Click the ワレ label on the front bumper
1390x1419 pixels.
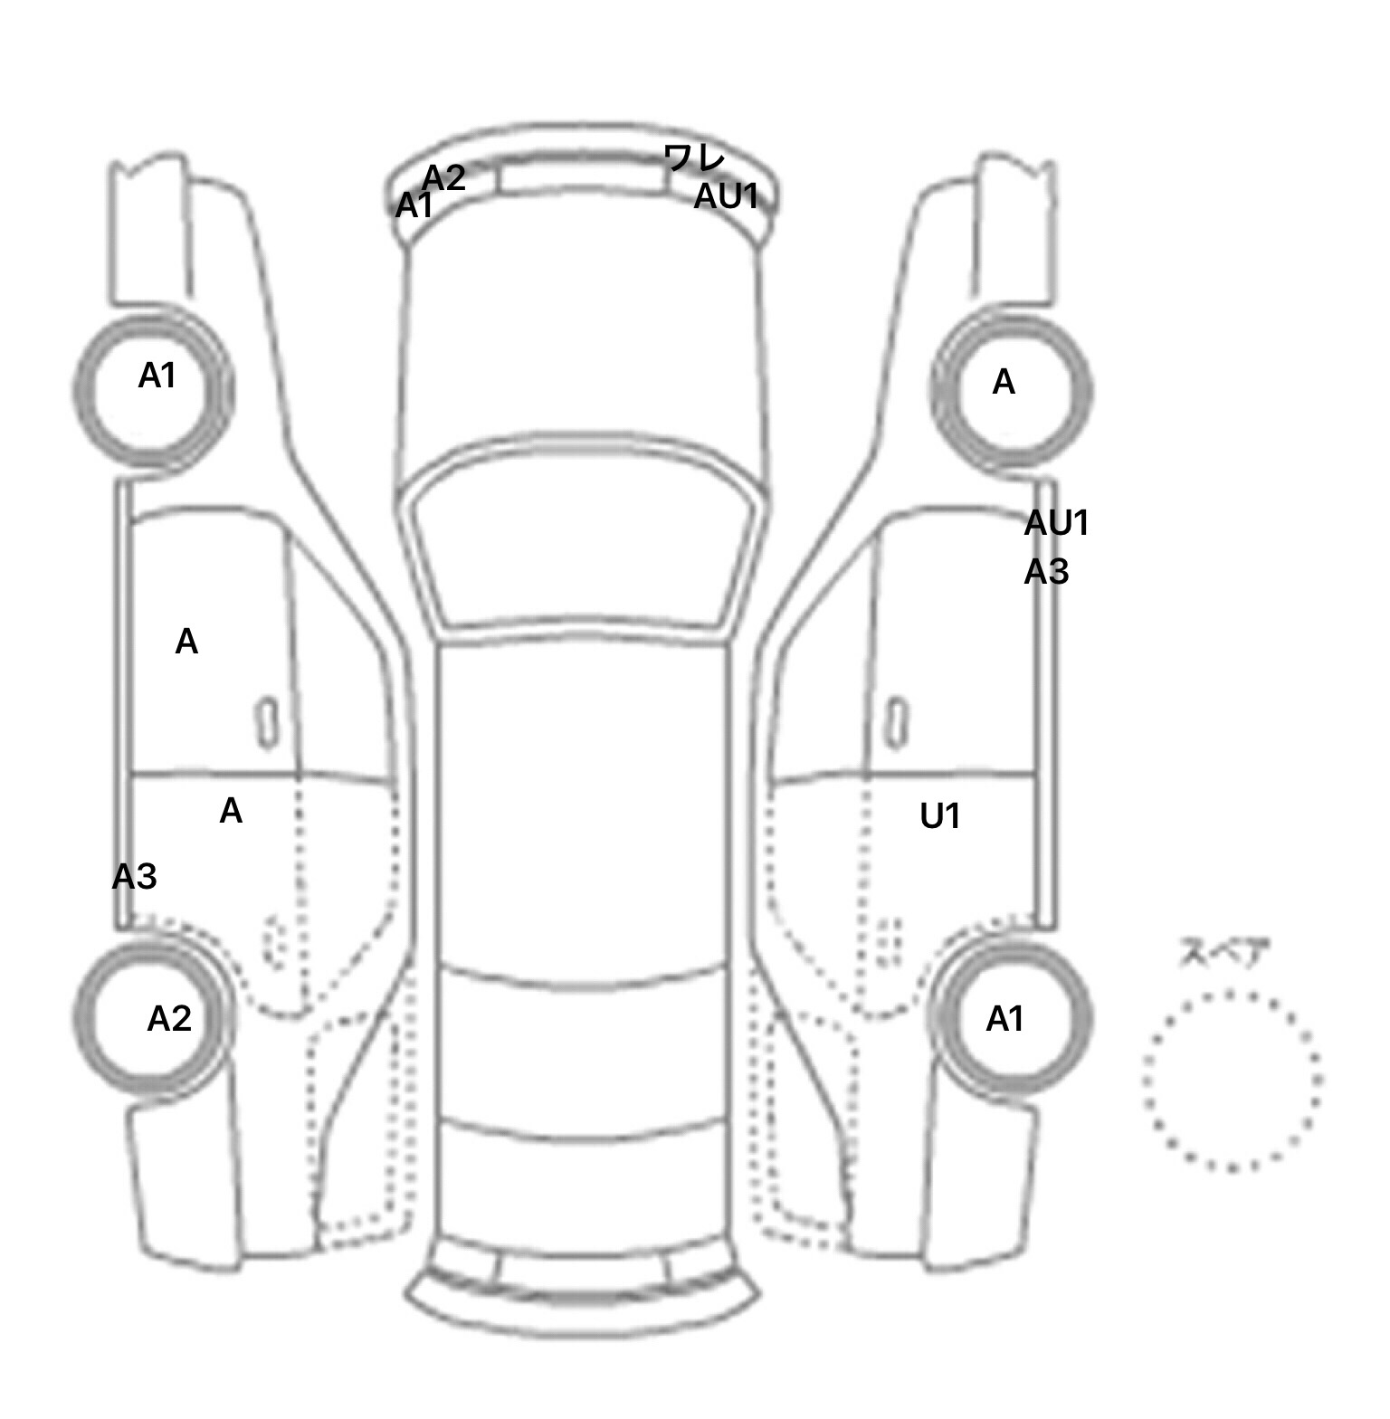pos(694,158)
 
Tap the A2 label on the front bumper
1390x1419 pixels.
pos(444,177)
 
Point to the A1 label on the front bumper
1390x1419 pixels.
pos(414,206)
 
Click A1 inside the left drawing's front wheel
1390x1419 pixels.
pos(157,376)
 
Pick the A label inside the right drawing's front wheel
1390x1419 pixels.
pos(1004,383)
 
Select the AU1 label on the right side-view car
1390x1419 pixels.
pos(1056,523)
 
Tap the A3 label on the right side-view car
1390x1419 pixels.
pos(1046,572)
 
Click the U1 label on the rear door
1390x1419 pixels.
pos(940,816)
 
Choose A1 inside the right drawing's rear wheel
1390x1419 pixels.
pos(1004,1019)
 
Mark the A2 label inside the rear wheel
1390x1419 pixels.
pos(169,1019)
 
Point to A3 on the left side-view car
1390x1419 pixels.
pos(134,876)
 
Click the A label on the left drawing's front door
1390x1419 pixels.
pos(186,642)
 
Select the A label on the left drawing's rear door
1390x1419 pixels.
pos(231,811)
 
